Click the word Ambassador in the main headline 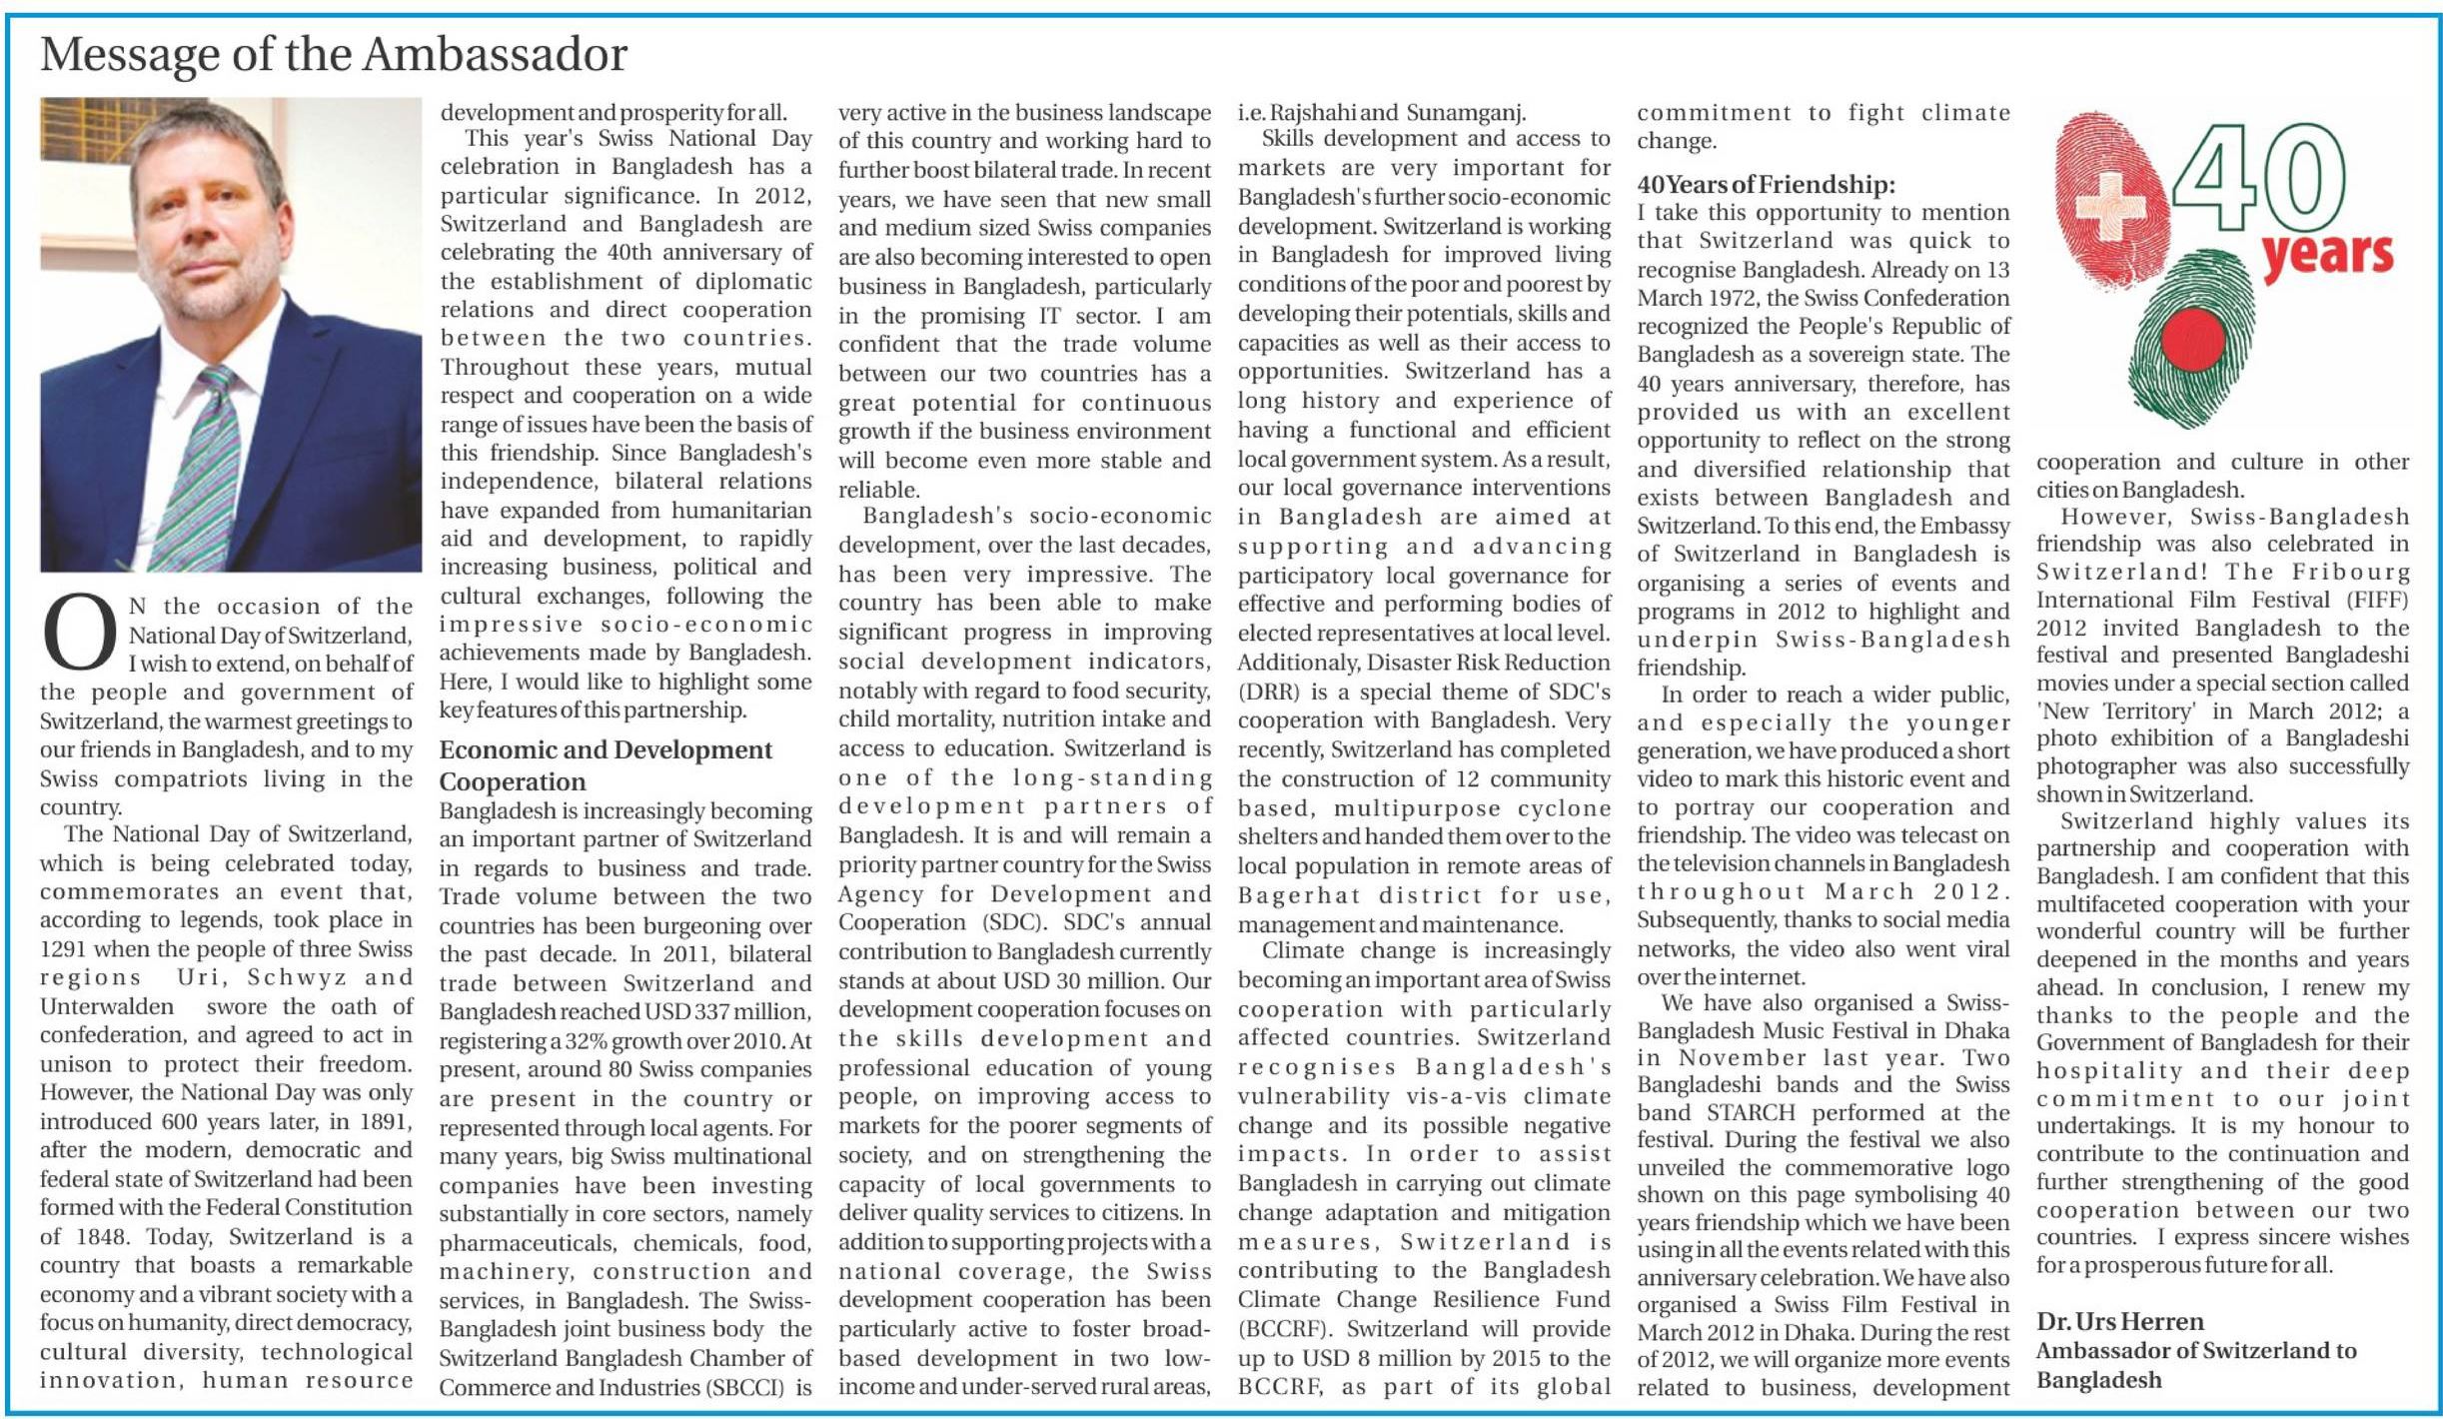[x=495, y=55]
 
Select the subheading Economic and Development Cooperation [x=606, y=765]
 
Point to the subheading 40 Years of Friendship [x=1766, y=184]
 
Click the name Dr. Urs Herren [x=2119, y=1321]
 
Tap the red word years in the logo [x=2327, y=256]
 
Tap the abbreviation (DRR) [x=1269, y=692]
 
